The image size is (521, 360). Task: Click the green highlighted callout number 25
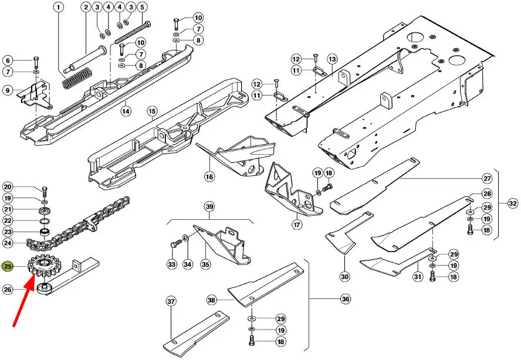[x=8, y=267]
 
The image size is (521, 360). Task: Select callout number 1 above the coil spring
[x=58, y=8]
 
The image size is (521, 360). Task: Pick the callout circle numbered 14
[x=126, y=110]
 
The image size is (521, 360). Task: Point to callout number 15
[x=151, y=110]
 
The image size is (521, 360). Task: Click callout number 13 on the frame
[x=332, y=59]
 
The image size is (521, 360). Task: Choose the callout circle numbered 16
[x=209, y=176]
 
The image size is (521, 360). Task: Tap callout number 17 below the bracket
[x=297, y=224]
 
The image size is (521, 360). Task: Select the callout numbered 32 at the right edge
[x=513, y=203]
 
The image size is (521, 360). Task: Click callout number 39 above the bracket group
[x=209, y=206]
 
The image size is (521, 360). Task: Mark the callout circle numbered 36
[x=345, y=299]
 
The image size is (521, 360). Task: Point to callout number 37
[x=171, y=301]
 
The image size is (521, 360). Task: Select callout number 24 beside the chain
[x=8, y=243]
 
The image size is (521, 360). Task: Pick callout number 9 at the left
[x=8, y=90]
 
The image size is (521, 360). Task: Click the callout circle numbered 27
[x=486, y=178]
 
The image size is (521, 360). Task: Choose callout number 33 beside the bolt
[x=172, y=264]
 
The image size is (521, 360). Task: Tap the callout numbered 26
[x=8, y=288]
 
